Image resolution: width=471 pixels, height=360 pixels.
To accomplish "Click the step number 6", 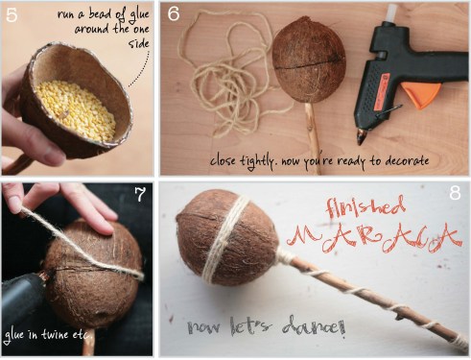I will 174,15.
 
